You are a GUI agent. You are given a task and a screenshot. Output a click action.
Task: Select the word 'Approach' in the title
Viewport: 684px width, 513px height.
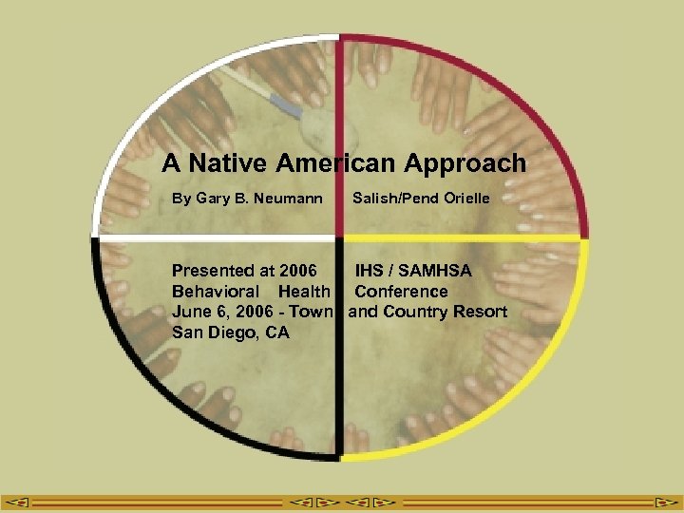tap(465, 163)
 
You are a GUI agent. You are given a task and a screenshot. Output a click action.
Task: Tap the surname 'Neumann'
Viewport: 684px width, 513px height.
tap(290, 199)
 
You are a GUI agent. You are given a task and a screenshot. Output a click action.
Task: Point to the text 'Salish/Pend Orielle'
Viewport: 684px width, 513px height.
tap(421, 199)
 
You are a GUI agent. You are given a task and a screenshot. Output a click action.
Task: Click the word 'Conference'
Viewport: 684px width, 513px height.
tap(401, 292)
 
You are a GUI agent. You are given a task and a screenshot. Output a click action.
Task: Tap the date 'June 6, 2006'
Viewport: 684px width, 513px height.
tap(218, 312)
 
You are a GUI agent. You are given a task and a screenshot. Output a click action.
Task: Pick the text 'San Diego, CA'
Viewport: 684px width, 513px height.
tap(231, 332)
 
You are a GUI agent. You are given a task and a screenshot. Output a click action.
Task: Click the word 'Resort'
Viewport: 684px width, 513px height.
tap(476, 312)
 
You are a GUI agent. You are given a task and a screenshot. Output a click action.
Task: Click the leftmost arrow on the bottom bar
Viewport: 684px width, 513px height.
tap(21, 501)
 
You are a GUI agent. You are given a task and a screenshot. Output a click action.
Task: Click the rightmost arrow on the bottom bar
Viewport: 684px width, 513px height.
tap(662, 501)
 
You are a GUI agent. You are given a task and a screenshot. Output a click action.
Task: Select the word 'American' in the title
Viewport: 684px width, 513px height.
tap(336, 163)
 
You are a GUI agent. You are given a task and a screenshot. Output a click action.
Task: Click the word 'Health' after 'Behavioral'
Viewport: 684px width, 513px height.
tap(304, 292)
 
